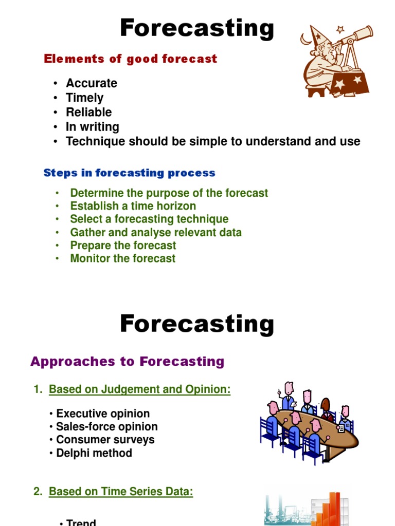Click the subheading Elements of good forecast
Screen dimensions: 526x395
coord(131,59)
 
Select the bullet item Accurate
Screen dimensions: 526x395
coord(92,83)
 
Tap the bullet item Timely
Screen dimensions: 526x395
coord(85,98)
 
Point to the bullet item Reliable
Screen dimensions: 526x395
coord(89,112)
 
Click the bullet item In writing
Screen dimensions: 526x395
coord(93,126)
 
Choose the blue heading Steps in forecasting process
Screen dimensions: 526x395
coord(130,173)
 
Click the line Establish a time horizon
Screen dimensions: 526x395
coord(133,206)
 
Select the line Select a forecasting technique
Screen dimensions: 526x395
coord(149,219)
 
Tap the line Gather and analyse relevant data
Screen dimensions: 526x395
coord(156,232)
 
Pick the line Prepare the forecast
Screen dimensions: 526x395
coord(123,246)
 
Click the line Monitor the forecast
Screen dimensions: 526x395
coord(123,258)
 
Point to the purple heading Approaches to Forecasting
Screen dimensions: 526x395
coord(128,362)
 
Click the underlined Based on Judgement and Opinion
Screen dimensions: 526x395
coord(140,390)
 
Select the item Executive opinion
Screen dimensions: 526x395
coord(103,414)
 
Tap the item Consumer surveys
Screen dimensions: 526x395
coord(105,440)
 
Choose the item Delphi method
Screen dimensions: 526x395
coord(94,453)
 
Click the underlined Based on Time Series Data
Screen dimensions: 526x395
coord(121,492)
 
